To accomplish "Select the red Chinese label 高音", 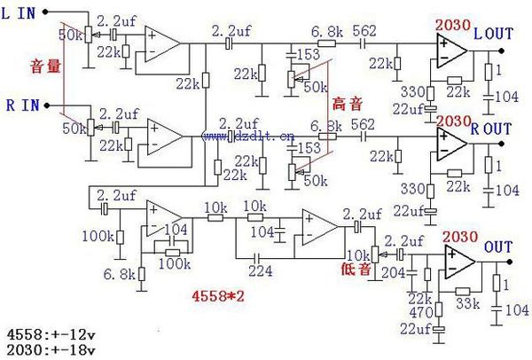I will pos(344,105).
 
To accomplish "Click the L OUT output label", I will pos(494,34).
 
